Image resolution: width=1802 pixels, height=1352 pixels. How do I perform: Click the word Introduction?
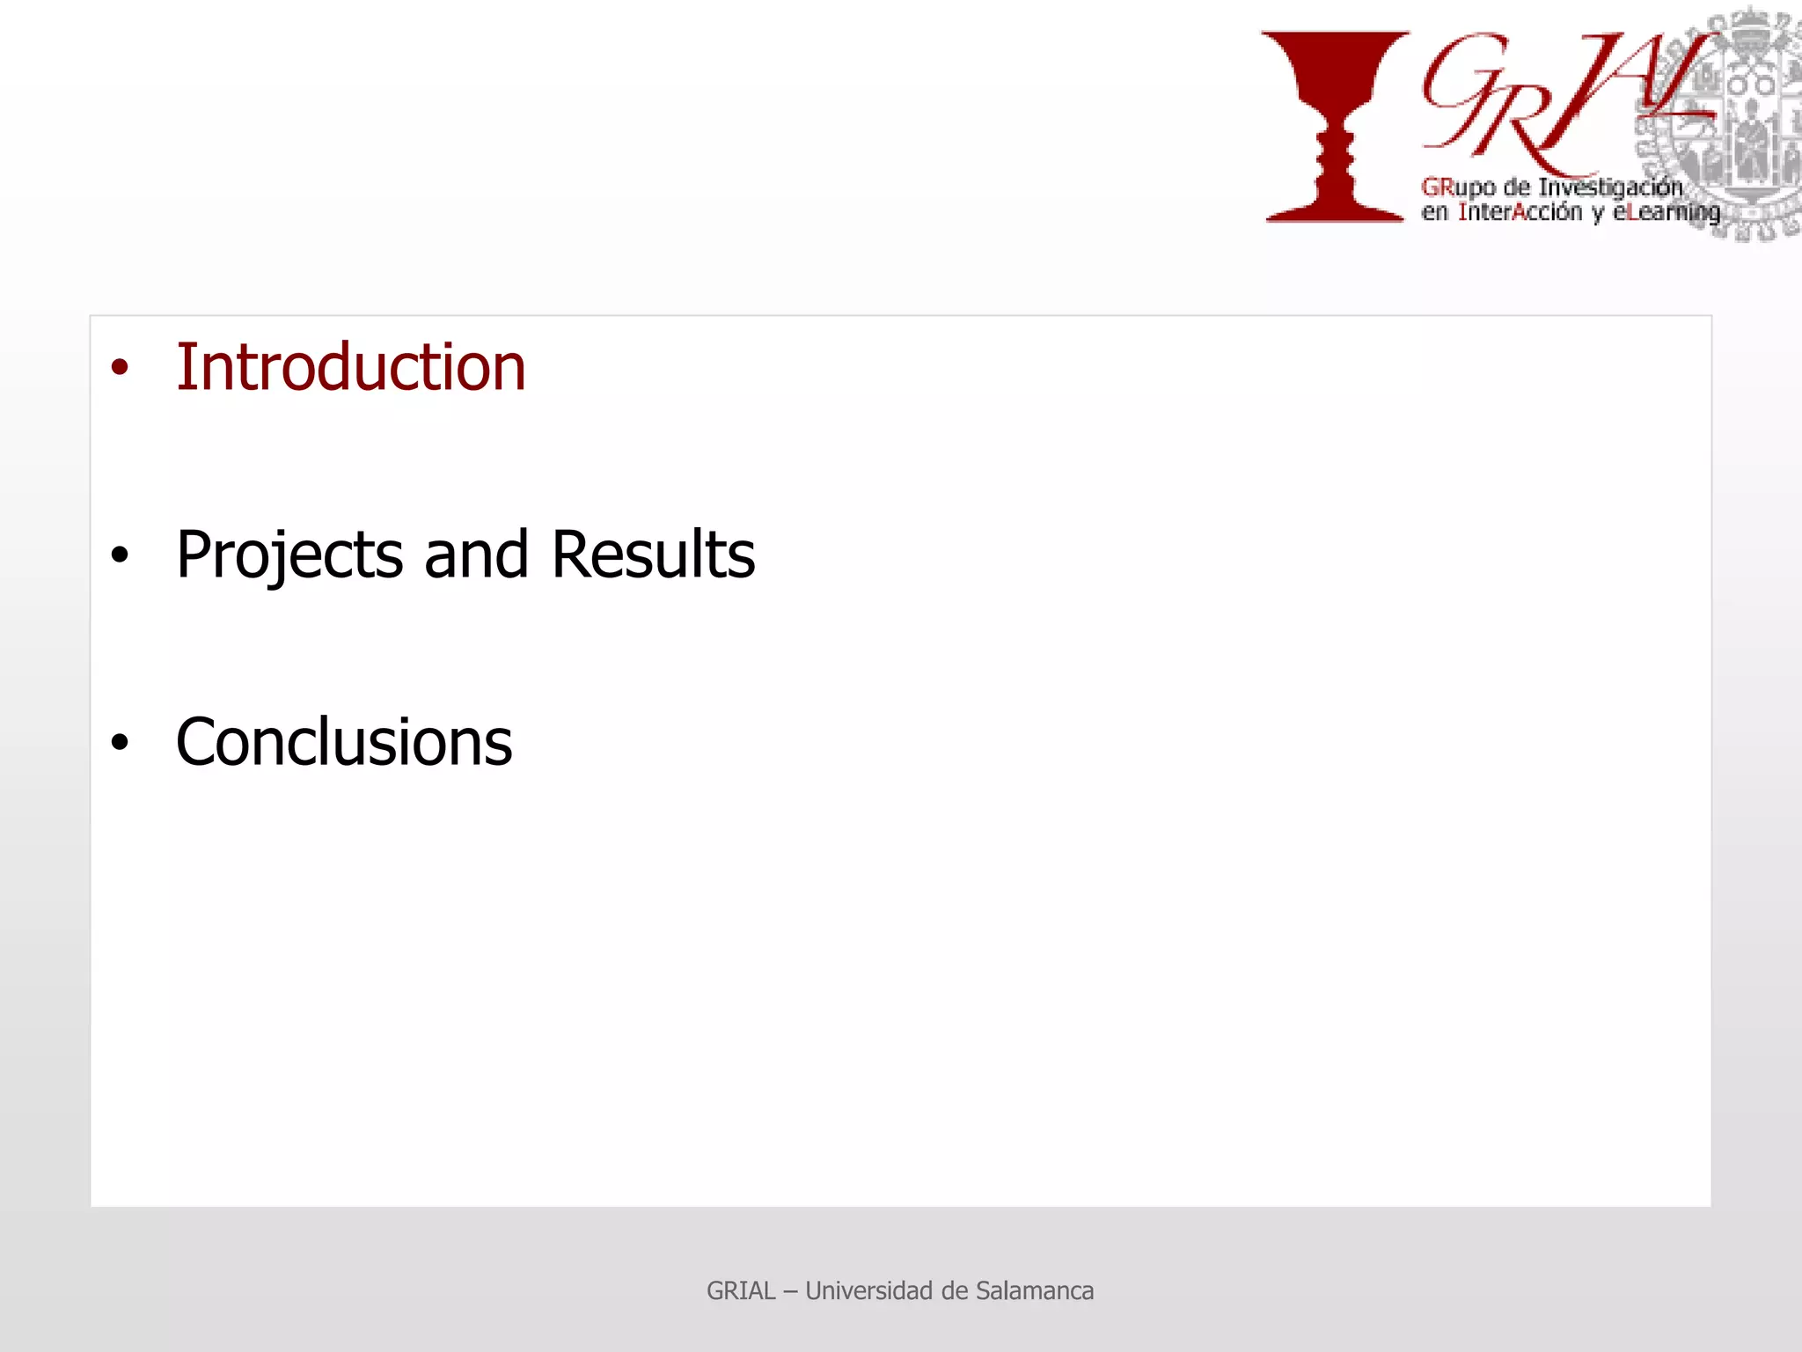[350, 367]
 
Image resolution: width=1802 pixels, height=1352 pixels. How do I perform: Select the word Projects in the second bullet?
[289, 555]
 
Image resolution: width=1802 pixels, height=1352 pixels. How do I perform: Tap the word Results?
[653, 555]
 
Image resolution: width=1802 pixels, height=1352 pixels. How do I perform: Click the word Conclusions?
[343, 743]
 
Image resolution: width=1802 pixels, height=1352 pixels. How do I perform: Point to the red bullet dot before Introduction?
[120, 368]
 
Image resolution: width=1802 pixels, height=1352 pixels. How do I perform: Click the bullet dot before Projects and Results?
[120, 555]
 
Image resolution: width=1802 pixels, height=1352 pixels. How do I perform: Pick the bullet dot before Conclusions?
[120, 743]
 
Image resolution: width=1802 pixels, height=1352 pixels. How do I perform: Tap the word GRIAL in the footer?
[741, 1291]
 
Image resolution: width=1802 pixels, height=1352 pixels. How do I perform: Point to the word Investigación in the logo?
[1610, 187]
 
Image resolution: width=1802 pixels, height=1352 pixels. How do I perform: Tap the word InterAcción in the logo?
[1520, 213]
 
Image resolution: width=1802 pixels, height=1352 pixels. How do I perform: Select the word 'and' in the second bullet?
[476, 555]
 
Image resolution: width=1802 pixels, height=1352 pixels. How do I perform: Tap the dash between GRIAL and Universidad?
[790, 1291]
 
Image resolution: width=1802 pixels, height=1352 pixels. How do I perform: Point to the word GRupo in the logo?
[1458, 187]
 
